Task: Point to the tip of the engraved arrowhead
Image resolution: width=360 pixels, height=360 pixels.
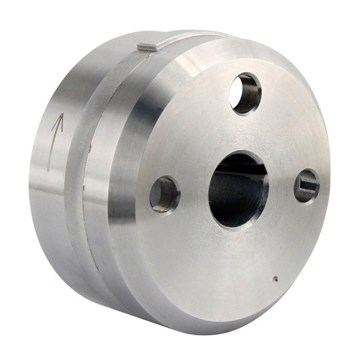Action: [x=59, y=115]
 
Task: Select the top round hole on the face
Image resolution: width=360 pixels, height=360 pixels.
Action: [x=245, y=93]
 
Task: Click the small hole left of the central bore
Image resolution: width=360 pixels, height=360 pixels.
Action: [x=164, y=194]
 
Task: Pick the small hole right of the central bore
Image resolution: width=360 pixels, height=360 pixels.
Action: [x=307, y=185]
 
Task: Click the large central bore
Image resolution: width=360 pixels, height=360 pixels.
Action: [x=238, y=190]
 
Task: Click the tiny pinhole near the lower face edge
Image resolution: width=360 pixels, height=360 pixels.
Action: [x=275, y=278]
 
